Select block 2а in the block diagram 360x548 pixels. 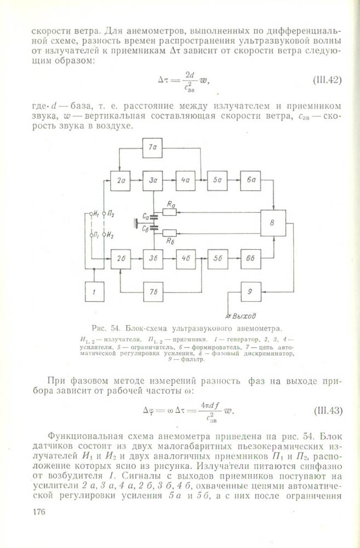(120, 180)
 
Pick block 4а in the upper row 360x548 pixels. (185, 180)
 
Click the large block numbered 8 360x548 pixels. (273, 222)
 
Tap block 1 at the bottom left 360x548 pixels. (94, 292)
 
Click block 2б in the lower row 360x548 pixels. (121, 259)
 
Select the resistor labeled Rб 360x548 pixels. (169, 232)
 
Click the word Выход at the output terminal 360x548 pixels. (244, 316)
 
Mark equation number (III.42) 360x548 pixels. (327, 80)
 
